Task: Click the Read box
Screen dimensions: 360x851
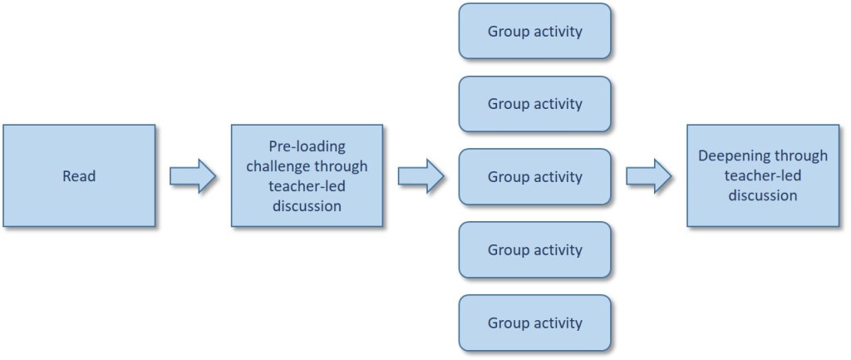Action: [x=79, y=176]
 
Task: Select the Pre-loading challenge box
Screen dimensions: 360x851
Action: [x=307, y=176]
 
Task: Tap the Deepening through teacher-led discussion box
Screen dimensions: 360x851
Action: [x=763, y=176]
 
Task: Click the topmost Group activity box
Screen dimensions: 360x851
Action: [x=534, y=32]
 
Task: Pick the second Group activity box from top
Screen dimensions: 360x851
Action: [x=534, y=104]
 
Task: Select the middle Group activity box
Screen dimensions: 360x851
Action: [x=534, y=176]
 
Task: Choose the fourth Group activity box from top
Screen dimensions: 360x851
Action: [x=534, y=249]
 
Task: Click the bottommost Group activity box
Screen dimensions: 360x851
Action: [x=534, y=322]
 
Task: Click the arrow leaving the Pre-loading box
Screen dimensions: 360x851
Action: [x=421, y=176]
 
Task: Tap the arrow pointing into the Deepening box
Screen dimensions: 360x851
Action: [x=648, y=176]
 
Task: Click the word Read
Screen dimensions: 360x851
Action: [x=79, y=176]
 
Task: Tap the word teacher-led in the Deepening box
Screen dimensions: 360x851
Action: [x=763, y=176]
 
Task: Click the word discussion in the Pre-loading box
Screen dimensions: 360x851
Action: [x=307, y=206]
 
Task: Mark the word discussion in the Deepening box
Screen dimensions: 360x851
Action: [x=763, y=196]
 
